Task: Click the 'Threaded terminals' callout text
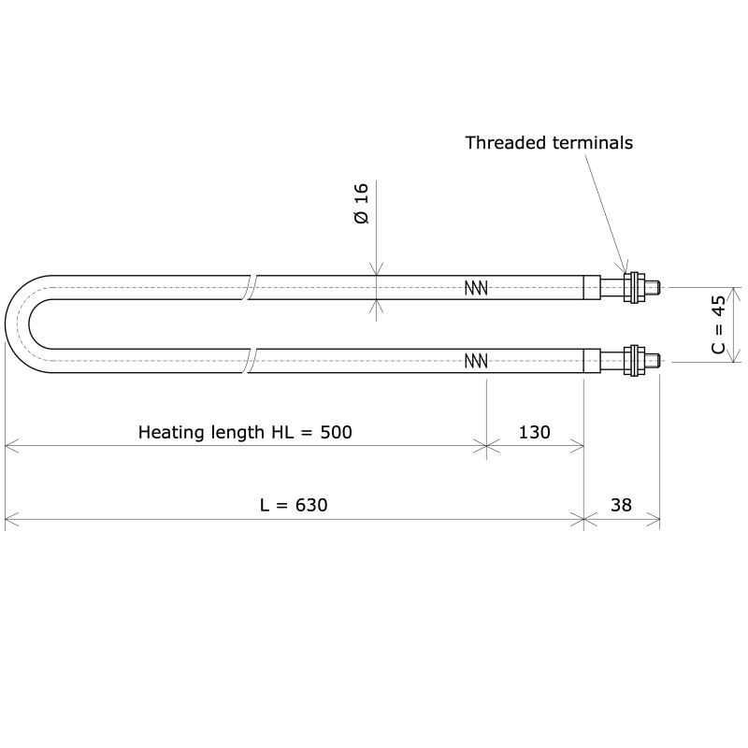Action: [x=549, y=143]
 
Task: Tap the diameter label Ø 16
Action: [x=362, y=203]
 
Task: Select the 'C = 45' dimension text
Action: [x=717, y=324]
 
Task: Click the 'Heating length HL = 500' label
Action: [x=245, y=432]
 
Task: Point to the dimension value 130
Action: [x=534, y=432]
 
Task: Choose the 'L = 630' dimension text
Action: [x=294, y=505]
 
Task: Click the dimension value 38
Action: [x=621, y=505]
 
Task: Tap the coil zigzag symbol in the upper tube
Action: [x=476, y=288]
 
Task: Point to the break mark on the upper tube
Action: [x=250, y=288]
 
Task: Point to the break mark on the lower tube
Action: [x=250, y=361]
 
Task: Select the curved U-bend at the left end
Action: [x=19, y=324]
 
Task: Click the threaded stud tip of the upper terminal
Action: [x=655, y=288]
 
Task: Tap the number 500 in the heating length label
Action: [x=336, y=432]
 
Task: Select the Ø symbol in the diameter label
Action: [x=362, y=217]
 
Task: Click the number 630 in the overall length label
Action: [x=311, y=505]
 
